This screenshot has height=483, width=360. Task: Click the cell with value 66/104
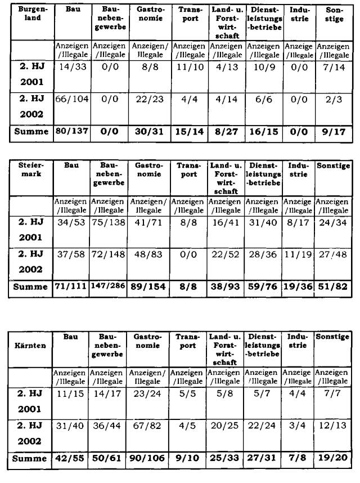click(71, 99)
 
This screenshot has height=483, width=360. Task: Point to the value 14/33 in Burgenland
click(71, 66)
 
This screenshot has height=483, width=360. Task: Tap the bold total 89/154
click(150, 287)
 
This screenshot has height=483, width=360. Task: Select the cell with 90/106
click(150, 459)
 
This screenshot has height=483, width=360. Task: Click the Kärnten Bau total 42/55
click(71, 459)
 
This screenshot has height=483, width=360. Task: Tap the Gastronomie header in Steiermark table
click(150, 170)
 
